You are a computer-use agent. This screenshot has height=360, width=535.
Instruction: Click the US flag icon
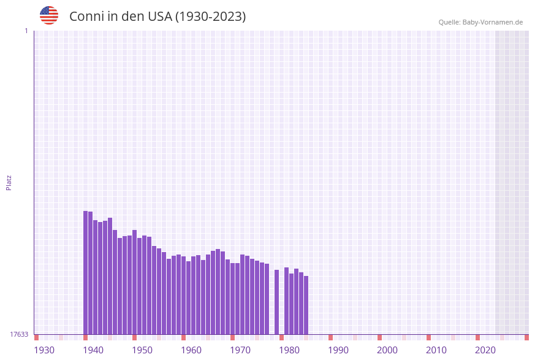click(x=49, y=15)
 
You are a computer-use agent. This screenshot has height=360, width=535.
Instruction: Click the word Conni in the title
click(x=85, y=17)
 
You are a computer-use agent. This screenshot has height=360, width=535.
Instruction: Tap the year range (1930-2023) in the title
click(x=210, y=17)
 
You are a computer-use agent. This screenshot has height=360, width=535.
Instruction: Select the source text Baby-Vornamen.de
click(x=492, y=22)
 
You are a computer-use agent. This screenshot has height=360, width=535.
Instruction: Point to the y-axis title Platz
click(x=9, y=182)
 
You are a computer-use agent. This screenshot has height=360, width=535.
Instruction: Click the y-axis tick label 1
click(x=26, y=31)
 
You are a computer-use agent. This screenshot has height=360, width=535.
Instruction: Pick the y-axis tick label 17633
click(x=19, y=334)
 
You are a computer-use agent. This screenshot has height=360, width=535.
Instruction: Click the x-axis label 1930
click(x=44, y=350)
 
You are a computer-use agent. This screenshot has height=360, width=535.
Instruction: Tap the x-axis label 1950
click(x=142, y=350)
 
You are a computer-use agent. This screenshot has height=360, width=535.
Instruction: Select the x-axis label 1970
click(x=240, y=350)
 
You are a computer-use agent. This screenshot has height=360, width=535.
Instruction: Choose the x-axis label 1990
click(x=338, y=350)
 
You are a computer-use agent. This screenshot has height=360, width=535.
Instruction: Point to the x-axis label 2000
click(x=387, y=350)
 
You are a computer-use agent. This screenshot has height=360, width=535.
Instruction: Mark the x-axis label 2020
click(x=485, y=350)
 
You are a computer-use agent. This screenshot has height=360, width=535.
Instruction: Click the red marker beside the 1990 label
click(x=330, y=337)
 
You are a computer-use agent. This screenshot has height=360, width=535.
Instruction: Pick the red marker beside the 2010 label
click(x=428, y=337)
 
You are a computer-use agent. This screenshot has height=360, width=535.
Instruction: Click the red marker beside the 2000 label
click(x=379, y=337)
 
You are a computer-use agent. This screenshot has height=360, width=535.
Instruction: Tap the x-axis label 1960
click(x=191, y=350)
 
